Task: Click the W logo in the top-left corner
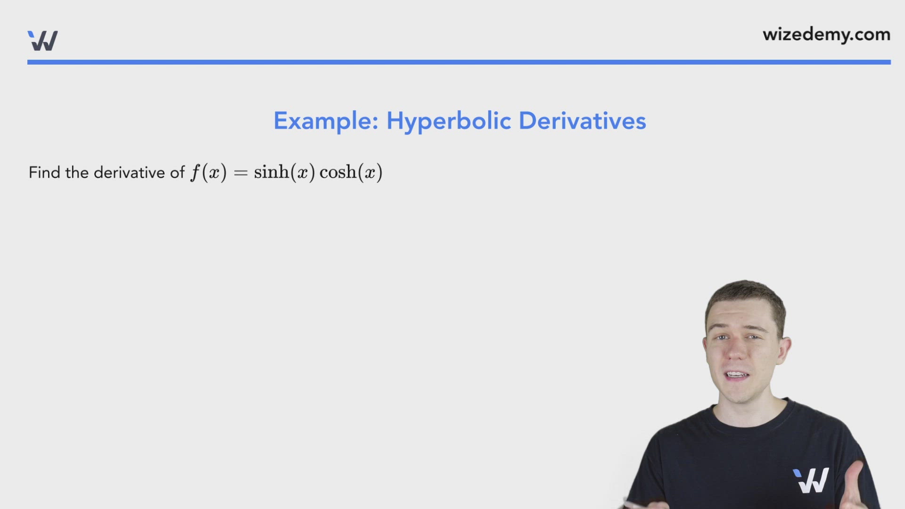coord(43,41)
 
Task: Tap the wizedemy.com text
coord(826,35)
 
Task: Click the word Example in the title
coord(326,121)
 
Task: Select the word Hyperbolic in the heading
coord(448,121)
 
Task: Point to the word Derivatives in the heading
coord(582,121)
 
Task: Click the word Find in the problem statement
coord(44,172)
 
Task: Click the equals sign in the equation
coord(240,173)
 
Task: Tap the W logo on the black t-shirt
coord(811,480)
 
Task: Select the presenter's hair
coord(747,297)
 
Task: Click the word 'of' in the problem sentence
coord(177,172)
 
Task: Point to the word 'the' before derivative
coord(77,172)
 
